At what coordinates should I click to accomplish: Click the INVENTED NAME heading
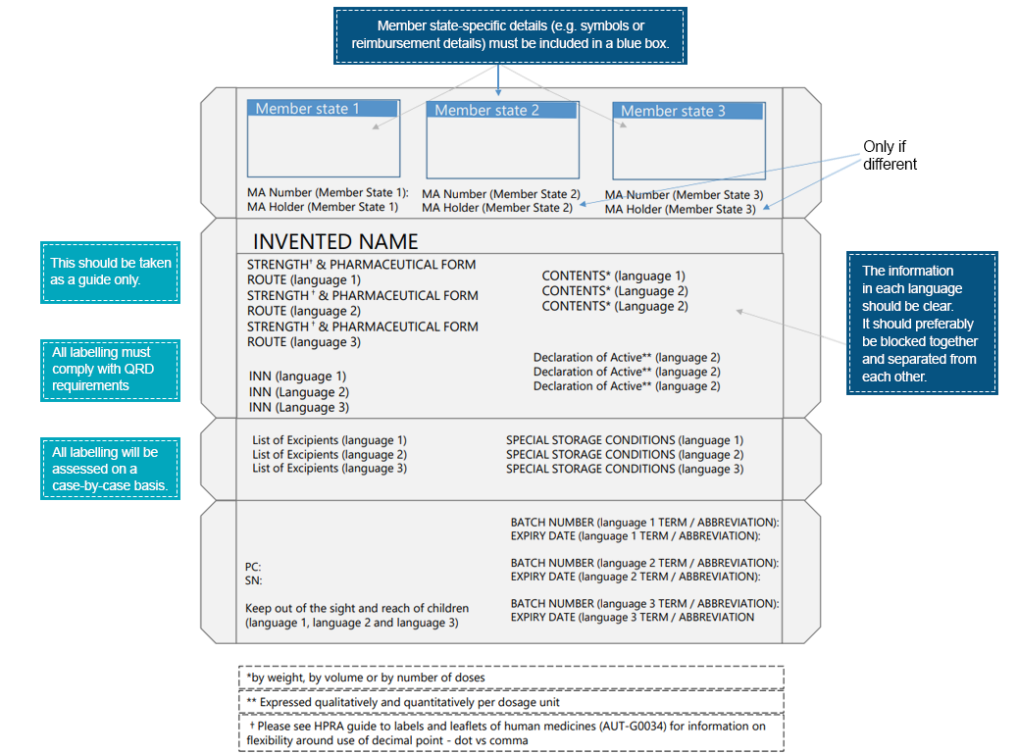tap(335, 241)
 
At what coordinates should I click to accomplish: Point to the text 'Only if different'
tap(890, 155)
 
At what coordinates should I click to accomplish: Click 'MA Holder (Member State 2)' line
tap(497, 208)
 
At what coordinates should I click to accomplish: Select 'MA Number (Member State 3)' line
tap(684, 195)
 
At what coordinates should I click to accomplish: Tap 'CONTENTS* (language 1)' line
tap(614, 276)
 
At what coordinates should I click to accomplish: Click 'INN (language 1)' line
tap(297, 377)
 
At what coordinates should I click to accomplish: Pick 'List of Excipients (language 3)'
tap(330, 469)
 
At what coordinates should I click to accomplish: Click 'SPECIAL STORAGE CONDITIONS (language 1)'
tap(625, 441)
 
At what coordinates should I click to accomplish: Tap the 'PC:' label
tap(253, 567)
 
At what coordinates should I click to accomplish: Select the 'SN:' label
tap(253, 580)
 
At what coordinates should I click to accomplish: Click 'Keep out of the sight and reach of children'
tap(357, 609)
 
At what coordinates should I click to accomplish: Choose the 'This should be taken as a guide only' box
tap(110, 271)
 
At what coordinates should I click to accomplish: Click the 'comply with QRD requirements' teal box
tap(110, 370)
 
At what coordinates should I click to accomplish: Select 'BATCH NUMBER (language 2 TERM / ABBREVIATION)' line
tap(644, 563)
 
